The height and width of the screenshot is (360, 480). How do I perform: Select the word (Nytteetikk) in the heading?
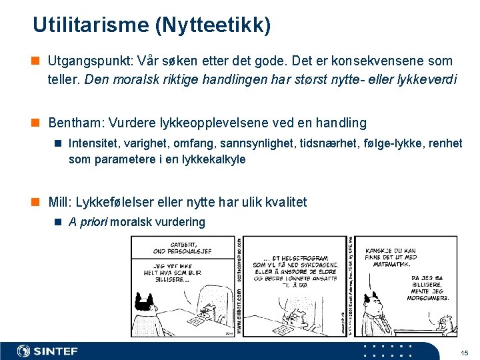click(213, 25)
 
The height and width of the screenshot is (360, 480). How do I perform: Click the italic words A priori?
click(87, 222)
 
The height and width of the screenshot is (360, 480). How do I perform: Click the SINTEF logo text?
click(56, 351)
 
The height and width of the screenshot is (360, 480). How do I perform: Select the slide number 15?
click(465, 352)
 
